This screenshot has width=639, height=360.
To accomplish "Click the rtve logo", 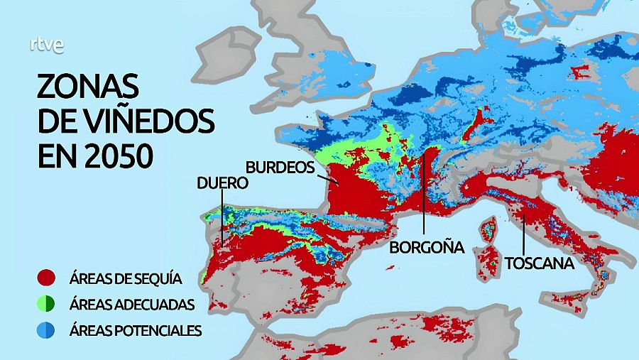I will click(47, 45).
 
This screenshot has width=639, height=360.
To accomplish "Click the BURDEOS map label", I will click(280, 167).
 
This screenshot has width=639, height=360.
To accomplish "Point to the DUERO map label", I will click(223, 182).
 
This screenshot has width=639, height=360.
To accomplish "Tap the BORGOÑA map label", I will click(426, 247).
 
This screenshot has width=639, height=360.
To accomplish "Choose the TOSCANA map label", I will click(539, 263).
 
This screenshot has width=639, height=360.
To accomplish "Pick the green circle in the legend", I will click(47, 304).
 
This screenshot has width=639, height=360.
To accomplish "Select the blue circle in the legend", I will click(47, 330).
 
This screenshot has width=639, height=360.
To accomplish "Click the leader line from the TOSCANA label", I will click(524, 234).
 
